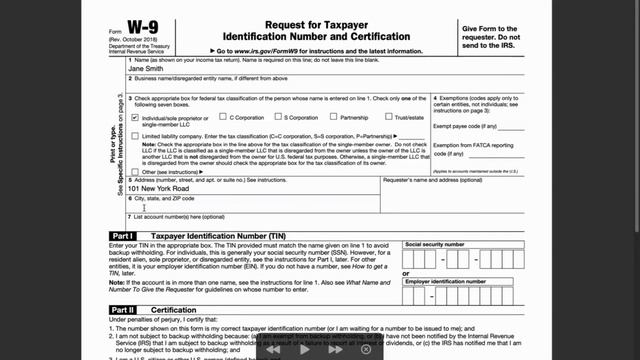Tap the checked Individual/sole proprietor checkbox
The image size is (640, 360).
coord(135,117)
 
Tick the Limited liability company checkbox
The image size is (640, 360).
coord(135,135)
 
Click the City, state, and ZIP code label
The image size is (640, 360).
coord(166,198)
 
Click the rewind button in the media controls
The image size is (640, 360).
coord(272,351)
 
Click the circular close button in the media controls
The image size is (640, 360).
coord(366,351)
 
